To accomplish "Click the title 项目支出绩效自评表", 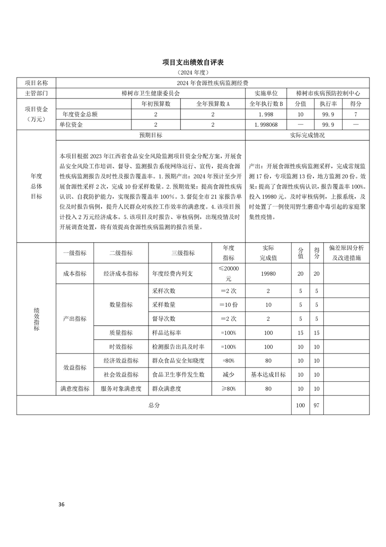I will coord(193,63).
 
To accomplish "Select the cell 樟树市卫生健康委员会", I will coord(150,93).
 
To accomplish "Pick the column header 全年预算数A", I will coord(213,103).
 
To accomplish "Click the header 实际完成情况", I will coord(307,135).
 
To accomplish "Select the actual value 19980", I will coord(268,274).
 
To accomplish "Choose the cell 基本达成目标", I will coord(268,375).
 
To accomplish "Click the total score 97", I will coord(316,405).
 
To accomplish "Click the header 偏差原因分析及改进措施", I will coord(346,253).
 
